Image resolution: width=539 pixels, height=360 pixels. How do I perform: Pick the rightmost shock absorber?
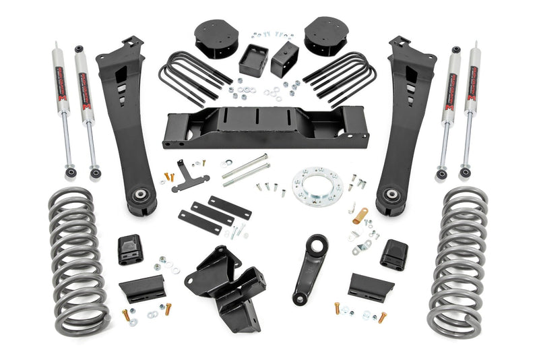tap(472, 111)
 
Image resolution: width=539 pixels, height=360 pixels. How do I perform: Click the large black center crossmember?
tap(265, 128)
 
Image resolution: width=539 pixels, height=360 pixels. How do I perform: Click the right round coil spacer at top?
tap(325, 36)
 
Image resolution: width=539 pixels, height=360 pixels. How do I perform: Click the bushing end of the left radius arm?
tap(140, 198)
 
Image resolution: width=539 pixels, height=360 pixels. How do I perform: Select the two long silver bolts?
tap(246, 170)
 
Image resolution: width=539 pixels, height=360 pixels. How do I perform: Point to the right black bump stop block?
tap(393, 255)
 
